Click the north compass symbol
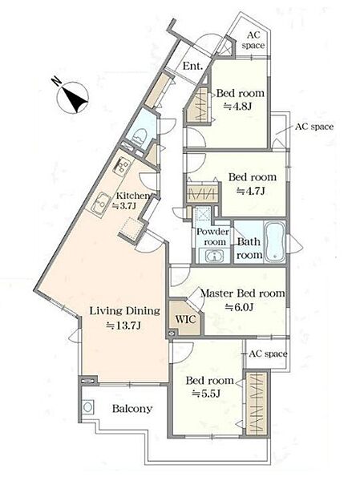pos(73,98)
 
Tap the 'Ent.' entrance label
pos(192,66)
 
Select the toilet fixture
pos(140,136)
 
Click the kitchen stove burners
pos(122,166)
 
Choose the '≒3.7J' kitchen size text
pos(124,206)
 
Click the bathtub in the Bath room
pos(275,242)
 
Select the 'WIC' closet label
pos(185,319)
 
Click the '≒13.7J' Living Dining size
pos(123,325)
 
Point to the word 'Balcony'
pos(132,409)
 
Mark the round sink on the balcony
pos(87,407)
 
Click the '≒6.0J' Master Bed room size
pos(240,307)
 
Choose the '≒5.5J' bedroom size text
pos(206,394)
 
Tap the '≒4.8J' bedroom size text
pos(237,107)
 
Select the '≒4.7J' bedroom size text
pos(250,191)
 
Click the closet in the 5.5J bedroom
pos(257,402)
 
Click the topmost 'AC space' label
pos(253,40)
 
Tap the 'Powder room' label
pos(213,236)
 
